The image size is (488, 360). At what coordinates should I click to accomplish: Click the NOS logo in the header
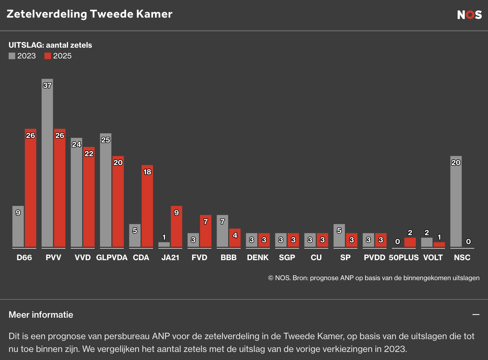click(469, 15)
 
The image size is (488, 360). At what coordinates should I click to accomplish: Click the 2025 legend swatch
click(48, 56)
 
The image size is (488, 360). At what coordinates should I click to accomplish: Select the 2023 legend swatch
click(12, 56)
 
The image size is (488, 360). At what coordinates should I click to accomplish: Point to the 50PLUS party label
click(404, 257)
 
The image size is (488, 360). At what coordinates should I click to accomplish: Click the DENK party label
click(258, 257)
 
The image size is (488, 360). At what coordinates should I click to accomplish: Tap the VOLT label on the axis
click(433, 257)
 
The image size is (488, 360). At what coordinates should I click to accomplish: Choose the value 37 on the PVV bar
click(47, 86)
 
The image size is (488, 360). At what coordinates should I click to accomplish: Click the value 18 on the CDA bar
click(147, 172)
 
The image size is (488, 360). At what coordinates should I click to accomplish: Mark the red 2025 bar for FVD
click(206, 234)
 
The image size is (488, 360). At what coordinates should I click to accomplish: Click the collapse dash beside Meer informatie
click(476, 315)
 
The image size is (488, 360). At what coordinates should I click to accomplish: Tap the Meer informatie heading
click(41, 315)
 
